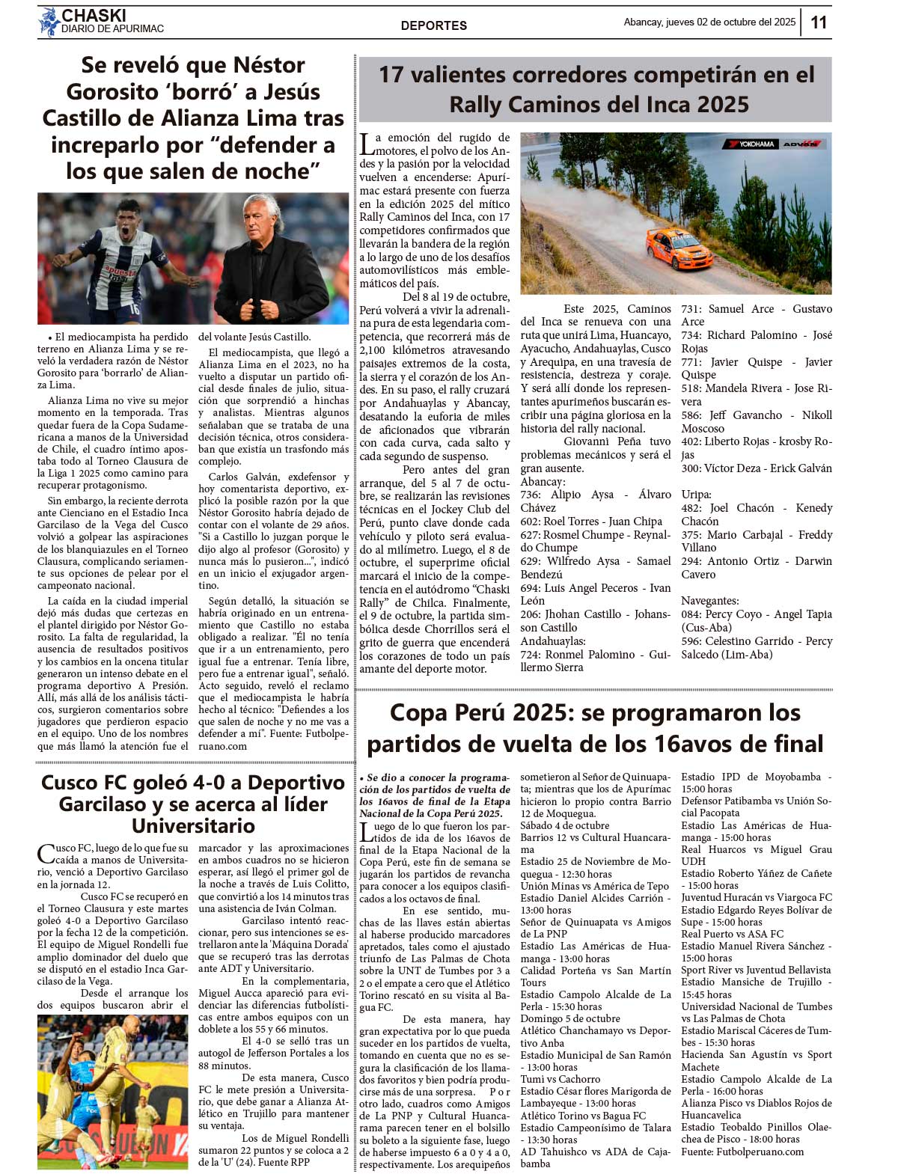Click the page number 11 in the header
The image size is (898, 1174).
click(819, 22)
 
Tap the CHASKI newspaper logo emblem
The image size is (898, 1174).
click(49, 22)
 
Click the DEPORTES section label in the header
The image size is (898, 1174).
click(433, 25)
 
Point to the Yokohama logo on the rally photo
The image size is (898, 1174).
click(750, 144)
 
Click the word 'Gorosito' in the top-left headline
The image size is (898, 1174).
click(118, 92)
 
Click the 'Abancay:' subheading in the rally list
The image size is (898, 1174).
click(543, 482)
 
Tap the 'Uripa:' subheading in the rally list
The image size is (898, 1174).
click(696, 495)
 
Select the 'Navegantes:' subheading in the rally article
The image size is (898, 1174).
click(710, 601)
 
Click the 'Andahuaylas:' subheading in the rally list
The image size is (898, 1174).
click(553, 641)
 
